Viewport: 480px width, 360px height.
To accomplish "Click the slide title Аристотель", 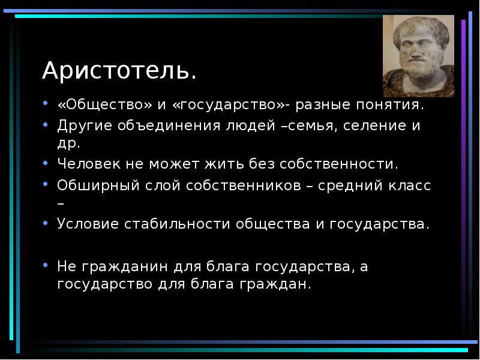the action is [119, 71].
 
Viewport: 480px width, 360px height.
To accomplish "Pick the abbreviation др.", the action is [68, 144].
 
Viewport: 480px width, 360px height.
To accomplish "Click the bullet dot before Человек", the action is [46, 163].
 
